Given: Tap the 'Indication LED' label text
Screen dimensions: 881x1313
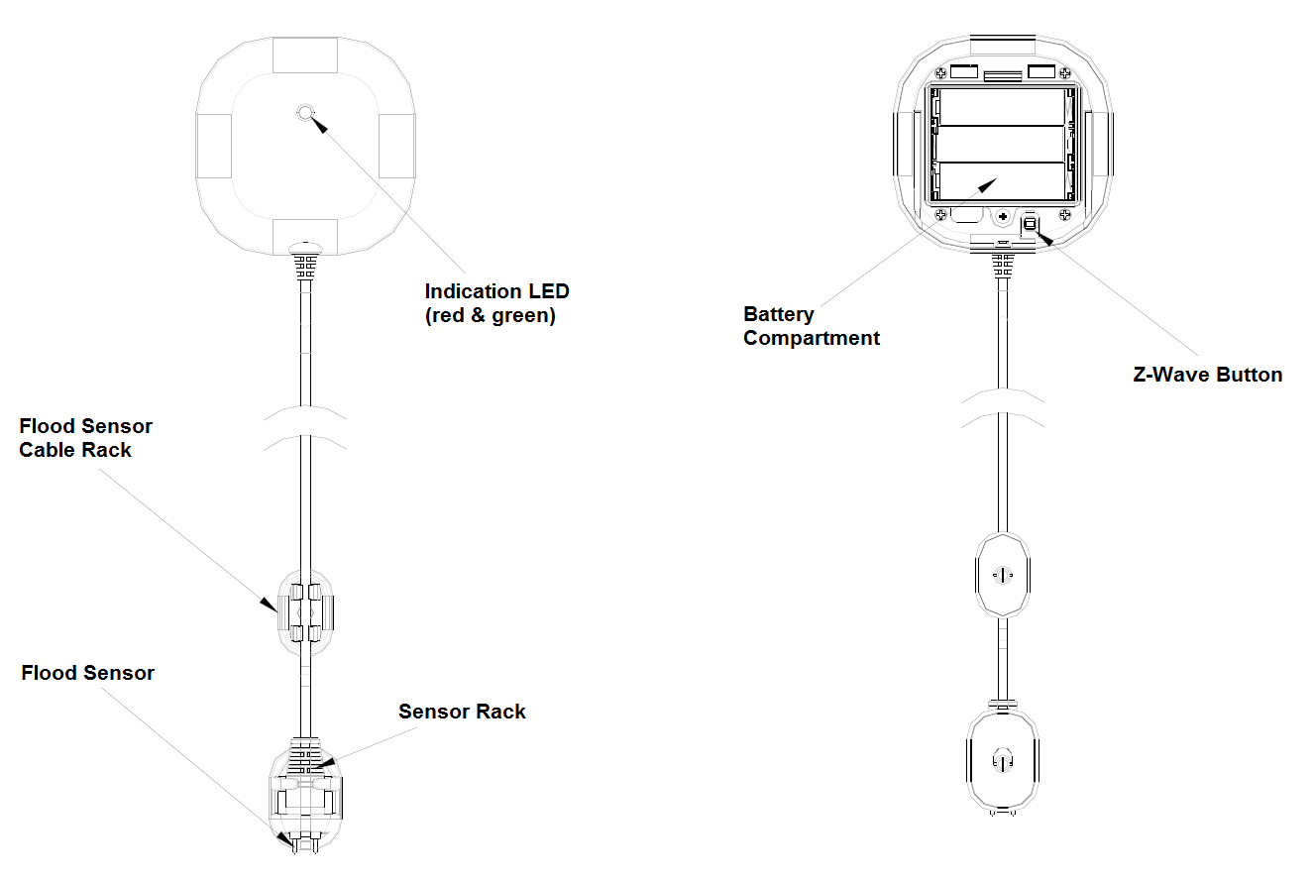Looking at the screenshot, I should (496, 291).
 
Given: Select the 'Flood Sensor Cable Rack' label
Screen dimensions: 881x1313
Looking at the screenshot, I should (86, 438).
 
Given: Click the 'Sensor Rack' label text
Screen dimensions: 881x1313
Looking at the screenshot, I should (462, 712).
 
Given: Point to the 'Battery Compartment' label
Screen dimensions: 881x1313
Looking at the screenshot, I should (812, 326).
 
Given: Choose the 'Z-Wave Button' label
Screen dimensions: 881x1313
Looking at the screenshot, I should (1207, 375).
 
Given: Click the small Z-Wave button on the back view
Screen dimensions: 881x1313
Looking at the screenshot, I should (1029, 224).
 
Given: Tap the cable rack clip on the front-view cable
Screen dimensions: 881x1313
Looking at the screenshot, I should (305, 611).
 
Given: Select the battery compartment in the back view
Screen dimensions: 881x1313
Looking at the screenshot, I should (1002, 145).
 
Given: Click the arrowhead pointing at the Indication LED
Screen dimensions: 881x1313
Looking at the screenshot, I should (319, 125).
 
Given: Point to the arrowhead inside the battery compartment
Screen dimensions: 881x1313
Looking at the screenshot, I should (987, 185).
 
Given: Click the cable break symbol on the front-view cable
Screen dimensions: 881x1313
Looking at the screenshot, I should (305, 427).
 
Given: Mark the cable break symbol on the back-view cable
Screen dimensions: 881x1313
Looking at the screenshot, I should (1002, 408).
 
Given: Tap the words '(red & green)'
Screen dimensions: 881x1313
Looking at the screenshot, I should (490, 316).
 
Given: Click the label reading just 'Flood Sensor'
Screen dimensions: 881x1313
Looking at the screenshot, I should (88, 673).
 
